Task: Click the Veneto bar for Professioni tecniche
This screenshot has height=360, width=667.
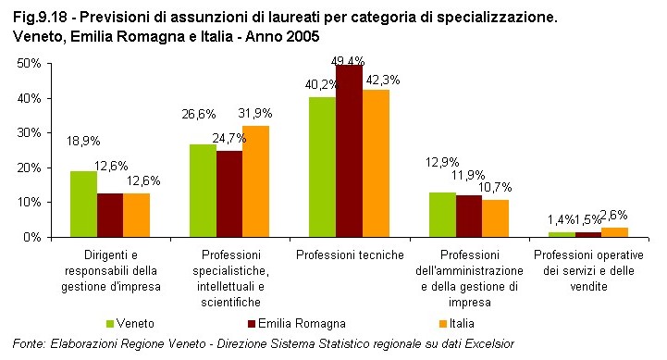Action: pos(322,167)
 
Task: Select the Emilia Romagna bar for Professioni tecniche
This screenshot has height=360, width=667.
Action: pos(349,151)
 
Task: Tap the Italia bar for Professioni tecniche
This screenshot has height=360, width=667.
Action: pos(376,163)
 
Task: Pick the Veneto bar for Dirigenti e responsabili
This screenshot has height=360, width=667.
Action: pos(83,204)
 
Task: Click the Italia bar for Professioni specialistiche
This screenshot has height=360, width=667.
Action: pos(256,181)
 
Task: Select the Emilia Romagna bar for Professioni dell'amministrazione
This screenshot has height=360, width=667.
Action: pos(468,216)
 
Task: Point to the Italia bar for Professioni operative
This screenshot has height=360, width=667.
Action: pos(614,232)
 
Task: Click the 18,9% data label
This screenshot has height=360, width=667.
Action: pos(83,142)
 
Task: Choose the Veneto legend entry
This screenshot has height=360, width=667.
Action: pos(130,323)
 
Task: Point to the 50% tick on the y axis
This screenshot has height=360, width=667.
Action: pos(28,63)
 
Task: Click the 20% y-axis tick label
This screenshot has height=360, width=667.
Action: pos(28,168)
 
